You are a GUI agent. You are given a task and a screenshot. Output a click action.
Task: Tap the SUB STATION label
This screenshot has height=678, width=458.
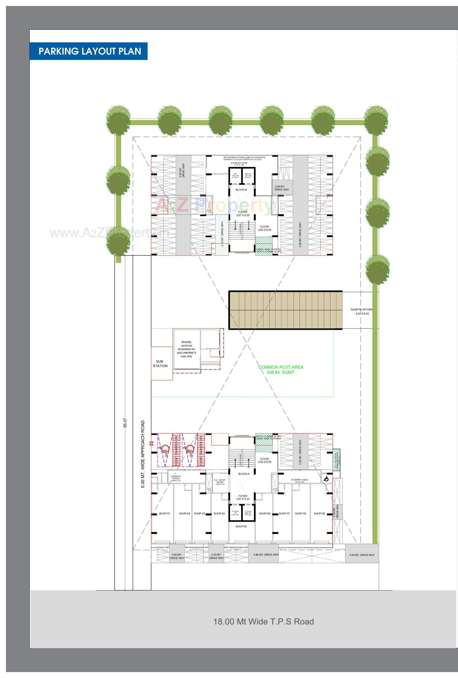(x=160, y=364)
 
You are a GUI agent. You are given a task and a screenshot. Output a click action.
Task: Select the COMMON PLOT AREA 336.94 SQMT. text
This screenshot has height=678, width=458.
(x=281, y=370)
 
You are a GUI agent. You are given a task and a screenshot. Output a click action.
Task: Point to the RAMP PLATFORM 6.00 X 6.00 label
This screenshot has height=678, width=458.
(x=362, y=312)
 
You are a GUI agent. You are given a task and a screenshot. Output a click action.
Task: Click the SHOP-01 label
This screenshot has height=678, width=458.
(x=164, y=514)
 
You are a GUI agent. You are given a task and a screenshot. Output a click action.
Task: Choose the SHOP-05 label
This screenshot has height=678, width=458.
(x=241, y=526)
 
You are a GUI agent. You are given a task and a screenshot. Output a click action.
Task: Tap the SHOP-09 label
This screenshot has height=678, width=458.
(x=319, y=514)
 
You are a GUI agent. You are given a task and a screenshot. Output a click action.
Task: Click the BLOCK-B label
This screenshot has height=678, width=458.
(x=241, y=190)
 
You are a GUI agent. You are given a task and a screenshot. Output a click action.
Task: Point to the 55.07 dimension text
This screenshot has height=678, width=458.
(x=125, y=423)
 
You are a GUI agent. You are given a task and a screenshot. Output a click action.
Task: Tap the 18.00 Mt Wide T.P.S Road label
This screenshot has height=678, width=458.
(x=263, y=621)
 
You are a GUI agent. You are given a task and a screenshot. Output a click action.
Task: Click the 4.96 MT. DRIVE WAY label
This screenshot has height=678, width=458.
(x=266, y=555)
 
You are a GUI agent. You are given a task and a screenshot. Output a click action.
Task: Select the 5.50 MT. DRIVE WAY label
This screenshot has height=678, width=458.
(x=362, y=555)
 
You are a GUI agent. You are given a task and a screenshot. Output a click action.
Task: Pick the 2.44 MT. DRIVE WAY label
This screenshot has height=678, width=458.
(x=281, y=188)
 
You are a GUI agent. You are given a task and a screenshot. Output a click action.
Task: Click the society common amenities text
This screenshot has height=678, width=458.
(x=187, y=349)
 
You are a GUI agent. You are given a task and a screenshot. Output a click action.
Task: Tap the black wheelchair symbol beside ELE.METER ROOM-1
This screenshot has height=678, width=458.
(x=326, y=479)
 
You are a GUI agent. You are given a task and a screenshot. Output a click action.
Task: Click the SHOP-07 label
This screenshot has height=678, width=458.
(x=284, y=514)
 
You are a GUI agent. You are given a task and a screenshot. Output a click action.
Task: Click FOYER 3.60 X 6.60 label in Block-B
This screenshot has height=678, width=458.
(x=265, y=228)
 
